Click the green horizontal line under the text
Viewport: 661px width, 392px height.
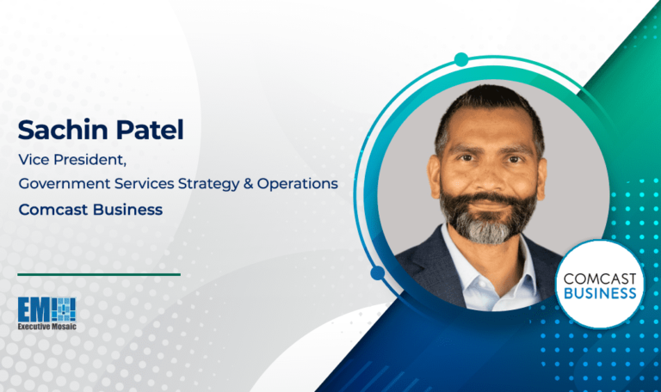(98, 274)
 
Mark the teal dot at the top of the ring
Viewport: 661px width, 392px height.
(461, 59)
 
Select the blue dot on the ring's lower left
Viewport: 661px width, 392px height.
(378, 273)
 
